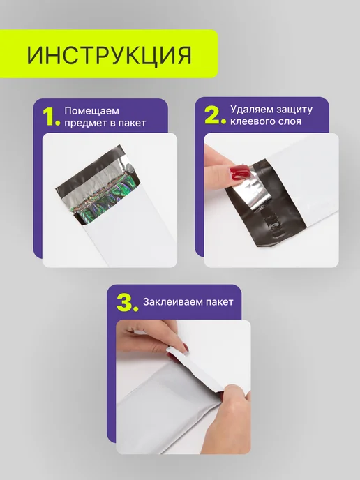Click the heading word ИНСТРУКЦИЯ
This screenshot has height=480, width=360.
tap(110, 55)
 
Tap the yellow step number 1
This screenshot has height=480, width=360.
tap(51, 117)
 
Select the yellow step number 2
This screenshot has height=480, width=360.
tap(215, 115)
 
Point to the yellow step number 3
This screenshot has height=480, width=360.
tap(128, 303)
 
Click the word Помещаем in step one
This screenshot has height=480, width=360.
tap(91, 111)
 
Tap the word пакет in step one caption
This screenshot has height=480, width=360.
tap(132, 123)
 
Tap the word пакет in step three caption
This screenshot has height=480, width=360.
tap(219, 302)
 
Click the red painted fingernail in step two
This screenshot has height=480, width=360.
tap(241, 172)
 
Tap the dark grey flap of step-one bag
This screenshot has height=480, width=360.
tap(92, 171)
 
